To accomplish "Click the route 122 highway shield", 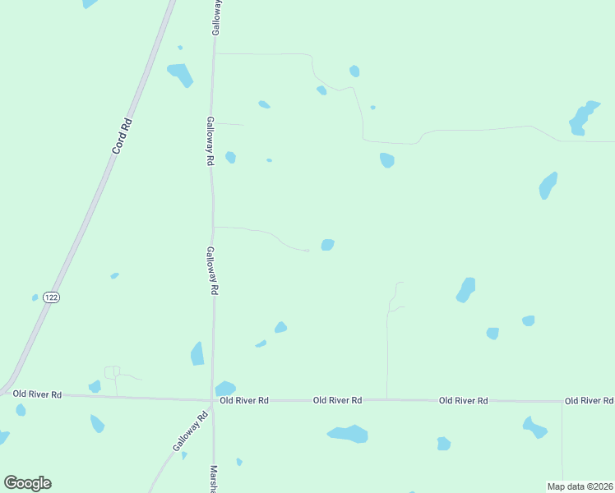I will coord(52,297).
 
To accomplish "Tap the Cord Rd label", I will coord(123,136).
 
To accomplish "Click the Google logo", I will coord(27,482).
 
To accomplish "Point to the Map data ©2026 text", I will coord(580,486).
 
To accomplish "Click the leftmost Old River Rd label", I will coord(38,394).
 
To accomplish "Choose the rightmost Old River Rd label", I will coord(589,401).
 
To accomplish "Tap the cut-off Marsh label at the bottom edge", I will coord(213,479).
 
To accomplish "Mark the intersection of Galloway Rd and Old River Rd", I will coord(212,400).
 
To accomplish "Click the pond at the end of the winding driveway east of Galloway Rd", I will coord(327,245).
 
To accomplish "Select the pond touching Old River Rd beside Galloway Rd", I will coord(225,389).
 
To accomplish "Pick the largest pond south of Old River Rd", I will coord(348,433).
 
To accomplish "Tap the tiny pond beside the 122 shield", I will coord(35,297).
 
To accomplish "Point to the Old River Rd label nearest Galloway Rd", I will coord(244,400).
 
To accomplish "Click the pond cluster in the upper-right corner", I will coord(582,118).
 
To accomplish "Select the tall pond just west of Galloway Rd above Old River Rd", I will coord(197,354).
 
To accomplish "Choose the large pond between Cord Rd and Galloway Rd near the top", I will coord(180,75).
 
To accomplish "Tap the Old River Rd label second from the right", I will coord(464,400).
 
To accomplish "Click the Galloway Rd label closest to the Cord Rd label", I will coord(210,141).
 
